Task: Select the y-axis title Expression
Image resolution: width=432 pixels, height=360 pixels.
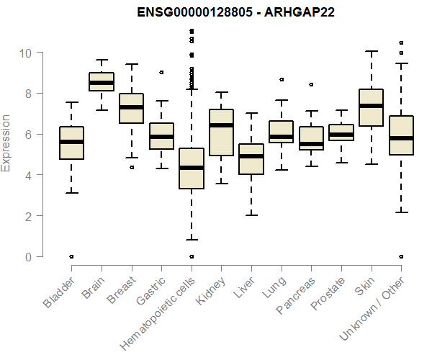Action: (7, 143)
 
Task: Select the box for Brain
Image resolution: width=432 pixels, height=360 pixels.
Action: (101, 81)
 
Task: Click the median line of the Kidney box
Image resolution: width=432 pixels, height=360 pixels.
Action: (221, 125)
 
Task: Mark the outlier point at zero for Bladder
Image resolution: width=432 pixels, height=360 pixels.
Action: (71, 256)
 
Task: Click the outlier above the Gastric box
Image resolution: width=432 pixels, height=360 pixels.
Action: (161, 72)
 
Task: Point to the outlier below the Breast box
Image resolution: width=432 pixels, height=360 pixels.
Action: (131, 167)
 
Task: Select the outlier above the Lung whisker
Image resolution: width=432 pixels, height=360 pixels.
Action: (282, 79)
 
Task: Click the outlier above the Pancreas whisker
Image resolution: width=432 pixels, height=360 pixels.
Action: (311, 84)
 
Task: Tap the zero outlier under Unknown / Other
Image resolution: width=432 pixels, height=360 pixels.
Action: (401, 256)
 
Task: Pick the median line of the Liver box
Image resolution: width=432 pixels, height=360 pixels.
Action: (251, 156)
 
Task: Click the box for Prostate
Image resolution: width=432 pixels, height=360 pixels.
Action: (341, 132)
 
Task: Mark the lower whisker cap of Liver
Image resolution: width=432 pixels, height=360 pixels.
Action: (251, 215)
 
